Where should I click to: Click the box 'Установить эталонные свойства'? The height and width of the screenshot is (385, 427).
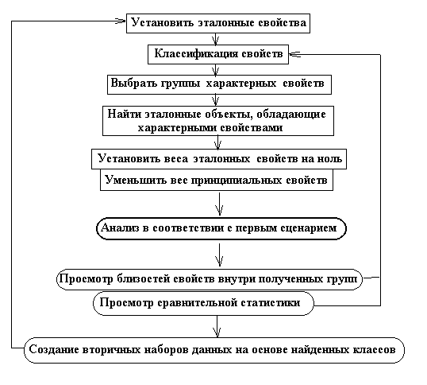217,23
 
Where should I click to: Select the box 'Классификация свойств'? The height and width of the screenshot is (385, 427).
218,54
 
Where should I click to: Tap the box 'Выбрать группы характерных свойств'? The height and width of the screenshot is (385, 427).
219,84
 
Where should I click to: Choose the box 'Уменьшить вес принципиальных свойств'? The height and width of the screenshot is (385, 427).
217,180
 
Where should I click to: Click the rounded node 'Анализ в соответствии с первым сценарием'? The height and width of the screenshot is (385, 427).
221,228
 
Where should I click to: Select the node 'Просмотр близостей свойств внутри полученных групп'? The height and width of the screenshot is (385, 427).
210,279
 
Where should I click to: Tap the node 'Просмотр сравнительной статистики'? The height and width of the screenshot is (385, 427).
203,303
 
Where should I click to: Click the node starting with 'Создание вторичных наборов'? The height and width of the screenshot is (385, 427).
214,350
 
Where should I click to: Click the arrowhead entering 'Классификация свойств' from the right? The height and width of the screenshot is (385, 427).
294,54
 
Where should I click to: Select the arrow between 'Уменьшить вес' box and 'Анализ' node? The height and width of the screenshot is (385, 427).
219,204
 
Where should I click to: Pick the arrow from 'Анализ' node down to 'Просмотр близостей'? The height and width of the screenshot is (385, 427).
220,255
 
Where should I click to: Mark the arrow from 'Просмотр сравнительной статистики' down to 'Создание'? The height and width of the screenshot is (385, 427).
217,326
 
